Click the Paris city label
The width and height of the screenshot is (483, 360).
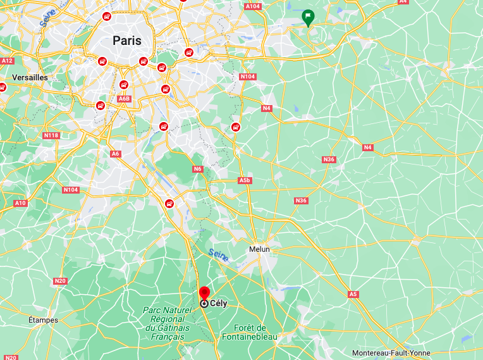[127, 40]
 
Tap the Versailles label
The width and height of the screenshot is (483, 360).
[30, 77]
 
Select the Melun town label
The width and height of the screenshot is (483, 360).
[259, 249]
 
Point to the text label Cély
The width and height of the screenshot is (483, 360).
[218, 304]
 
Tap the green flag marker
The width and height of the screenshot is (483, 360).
[308, 17]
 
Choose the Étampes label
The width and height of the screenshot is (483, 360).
[43, 320]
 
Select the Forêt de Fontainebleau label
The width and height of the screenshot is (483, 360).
[250, 332]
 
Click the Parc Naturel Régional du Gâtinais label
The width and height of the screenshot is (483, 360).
[168, 323]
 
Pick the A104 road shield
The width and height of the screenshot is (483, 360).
[252, 6]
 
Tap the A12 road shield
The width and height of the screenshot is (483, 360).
[7, 61]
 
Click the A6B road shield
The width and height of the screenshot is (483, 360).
[124, 99]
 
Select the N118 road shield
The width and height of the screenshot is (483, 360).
[51, 135]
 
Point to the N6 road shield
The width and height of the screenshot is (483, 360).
[197, 169]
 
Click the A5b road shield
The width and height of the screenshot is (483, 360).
[245, 180]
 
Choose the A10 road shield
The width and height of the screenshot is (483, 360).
[20, 203]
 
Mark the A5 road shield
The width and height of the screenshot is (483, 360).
[353, 294]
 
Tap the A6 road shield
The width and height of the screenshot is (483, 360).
[115, 154]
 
